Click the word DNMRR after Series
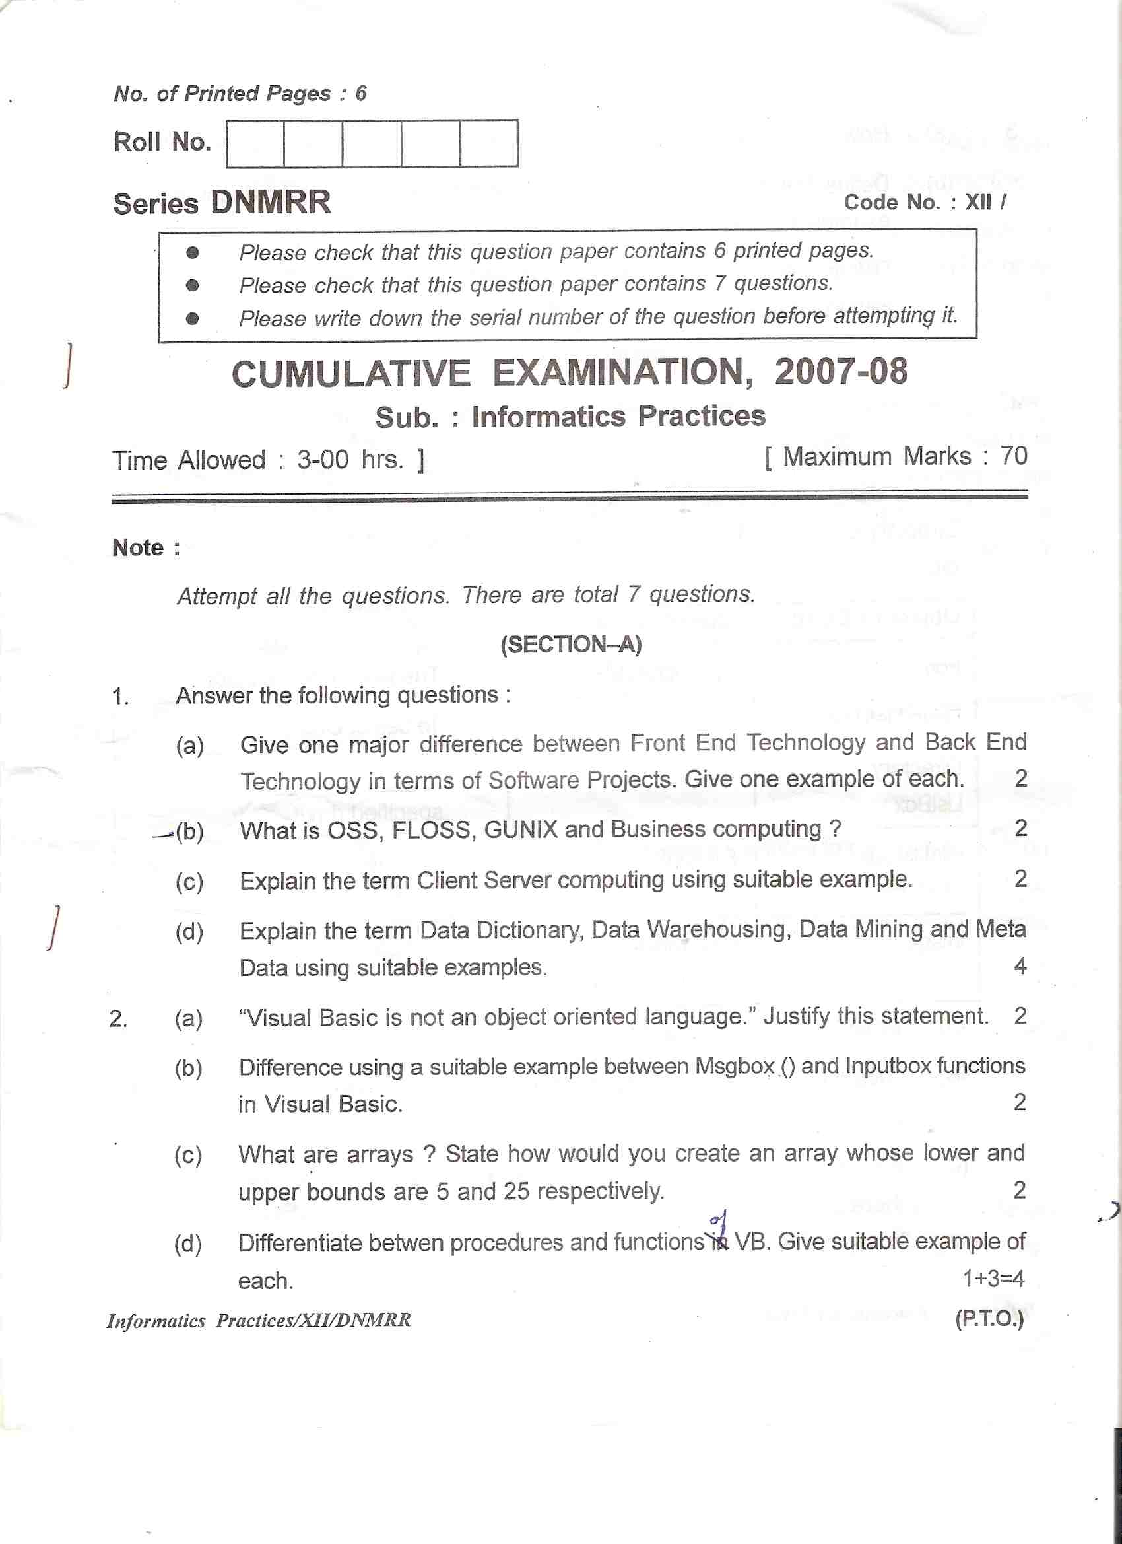tap(270, 202)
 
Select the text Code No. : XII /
tap(925, 202)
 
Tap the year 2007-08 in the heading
tap(840, 372)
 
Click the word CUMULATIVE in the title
tap(351, 374)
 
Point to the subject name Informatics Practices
tap(618, 416)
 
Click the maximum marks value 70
tap(1013, 456)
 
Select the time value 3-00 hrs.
tap(350, 460)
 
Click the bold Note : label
tap(147, 547)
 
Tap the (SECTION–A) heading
tap(571, 644)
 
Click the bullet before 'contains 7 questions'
tap(193, 285)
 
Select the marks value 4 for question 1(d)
tap(1019, 965)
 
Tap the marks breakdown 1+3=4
tap(993, 1279)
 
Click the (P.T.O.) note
tap(989, 1319)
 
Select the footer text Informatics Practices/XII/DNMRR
tap(259, 1321)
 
